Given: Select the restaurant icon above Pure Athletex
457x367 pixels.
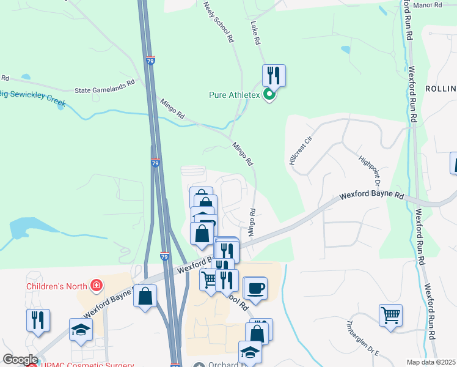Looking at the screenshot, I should point(274,76).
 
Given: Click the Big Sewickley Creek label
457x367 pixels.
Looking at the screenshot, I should point(32,97).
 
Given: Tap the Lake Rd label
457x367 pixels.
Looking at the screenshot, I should point(255,34).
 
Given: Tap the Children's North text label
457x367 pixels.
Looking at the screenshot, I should point(57,286).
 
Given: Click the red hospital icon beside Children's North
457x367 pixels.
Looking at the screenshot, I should point(95,285).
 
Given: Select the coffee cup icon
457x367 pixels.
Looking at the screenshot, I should point(255,288).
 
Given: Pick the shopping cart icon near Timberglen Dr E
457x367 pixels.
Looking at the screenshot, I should point(390,316).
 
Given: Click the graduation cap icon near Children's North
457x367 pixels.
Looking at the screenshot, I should point(81,330).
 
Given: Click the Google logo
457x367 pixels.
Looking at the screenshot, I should point(20,360).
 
